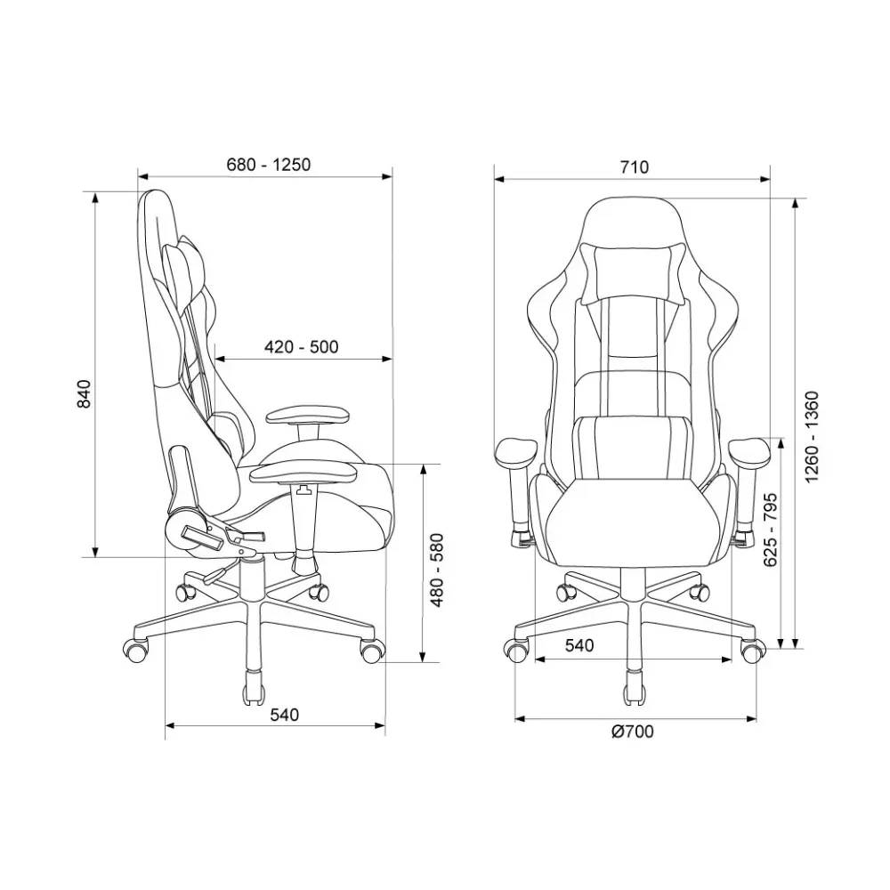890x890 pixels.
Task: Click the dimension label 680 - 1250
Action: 269,165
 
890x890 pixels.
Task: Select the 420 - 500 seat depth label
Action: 302,347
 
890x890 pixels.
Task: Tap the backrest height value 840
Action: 84,393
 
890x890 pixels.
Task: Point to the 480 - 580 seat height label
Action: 437,570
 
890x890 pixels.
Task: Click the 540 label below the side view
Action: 284,715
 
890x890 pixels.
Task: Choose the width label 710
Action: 634,167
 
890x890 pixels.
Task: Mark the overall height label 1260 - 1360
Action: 813,437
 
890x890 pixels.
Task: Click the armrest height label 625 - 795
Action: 770,530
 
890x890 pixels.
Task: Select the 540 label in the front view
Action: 579,645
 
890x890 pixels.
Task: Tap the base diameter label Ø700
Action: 632,732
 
